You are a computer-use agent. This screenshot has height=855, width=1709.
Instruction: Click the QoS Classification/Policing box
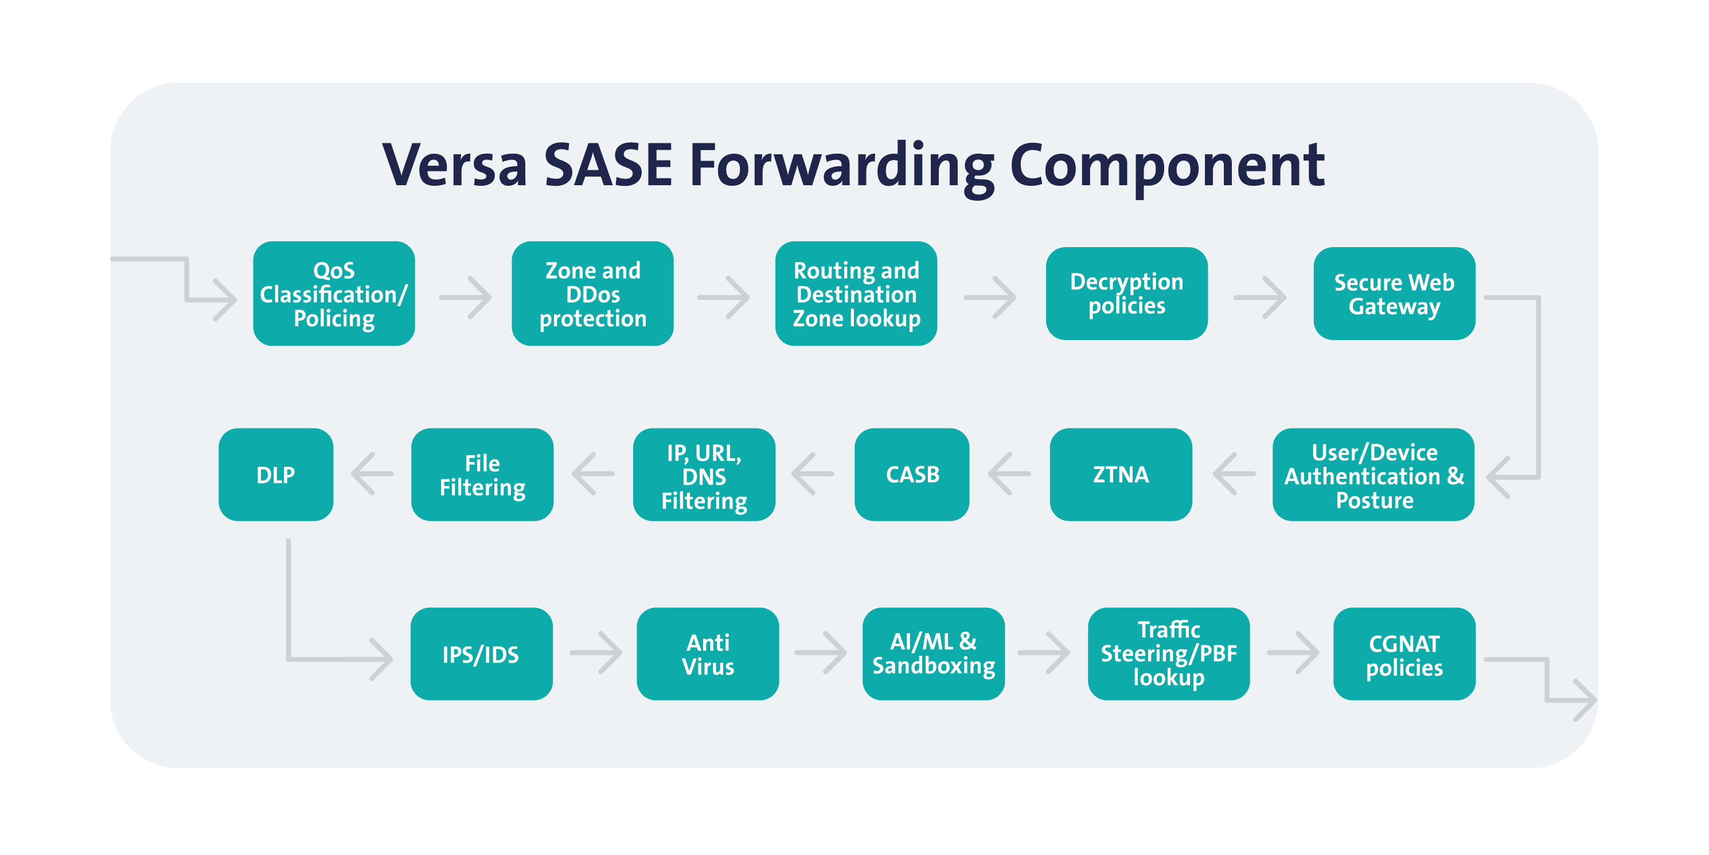tap(334, 294)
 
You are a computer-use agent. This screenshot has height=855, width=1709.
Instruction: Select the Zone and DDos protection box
tap(592, 294)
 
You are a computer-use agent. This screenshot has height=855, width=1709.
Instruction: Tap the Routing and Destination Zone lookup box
tap(856, 294)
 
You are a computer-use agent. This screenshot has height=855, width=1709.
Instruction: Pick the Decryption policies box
tap(1126, 294)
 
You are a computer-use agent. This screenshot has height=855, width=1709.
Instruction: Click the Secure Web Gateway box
tap(1394, 294)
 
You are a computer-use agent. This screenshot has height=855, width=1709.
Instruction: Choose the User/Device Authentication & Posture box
tap(1374, 475)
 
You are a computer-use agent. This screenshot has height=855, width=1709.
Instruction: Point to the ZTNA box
tap(1121, 475)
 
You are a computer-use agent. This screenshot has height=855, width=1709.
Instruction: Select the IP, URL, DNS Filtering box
tap(704, 475)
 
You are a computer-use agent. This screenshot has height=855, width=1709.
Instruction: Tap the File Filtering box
tap(482, 475)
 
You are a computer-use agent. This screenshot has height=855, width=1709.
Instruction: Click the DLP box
tap(275, 475)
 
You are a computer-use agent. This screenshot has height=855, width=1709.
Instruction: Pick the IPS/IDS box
tap(481, 654)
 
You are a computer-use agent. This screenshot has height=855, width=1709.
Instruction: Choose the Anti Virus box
tap(707, 654)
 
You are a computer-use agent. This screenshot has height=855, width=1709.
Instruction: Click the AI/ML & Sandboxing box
tap(933, 654)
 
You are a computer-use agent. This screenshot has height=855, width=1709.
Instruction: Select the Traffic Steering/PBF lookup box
tap(1168, 654)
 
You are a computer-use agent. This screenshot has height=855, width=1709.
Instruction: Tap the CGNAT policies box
tap(1404, 654)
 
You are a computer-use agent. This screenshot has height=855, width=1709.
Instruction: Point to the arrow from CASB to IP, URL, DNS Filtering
tap(813, 474)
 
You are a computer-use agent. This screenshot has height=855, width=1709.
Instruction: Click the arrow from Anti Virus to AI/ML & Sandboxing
tap(821, 653)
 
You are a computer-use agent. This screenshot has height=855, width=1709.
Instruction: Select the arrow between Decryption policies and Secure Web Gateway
tap(1260, 297)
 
